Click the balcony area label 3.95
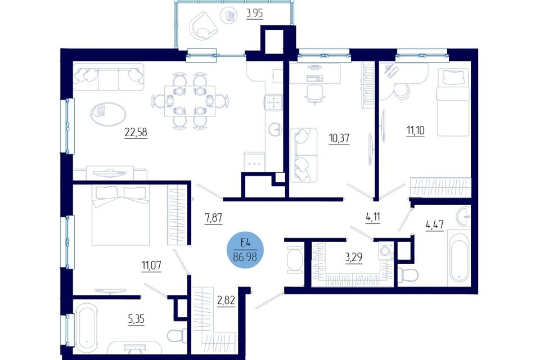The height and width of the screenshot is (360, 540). pyautogui.click(x=254, y=13)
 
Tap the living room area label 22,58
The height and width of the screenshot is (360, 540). pyautogui.click(x=136, y=132)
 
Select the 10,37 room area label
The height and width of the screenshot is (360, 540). pyautogui.click(x=339, y=138)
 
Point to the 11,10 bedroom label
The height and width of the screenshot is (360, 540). pyautogui.click(x=416, y=131)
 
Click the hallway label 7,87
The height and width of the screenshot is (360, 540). pyautogui.click(x=214, y=218)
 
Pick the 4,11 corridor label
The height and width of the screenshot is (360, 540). pyautogui.click(x=373, y=218)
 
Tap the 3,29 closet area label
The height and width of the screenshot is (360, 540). pyautogui.click(x=354, y=258)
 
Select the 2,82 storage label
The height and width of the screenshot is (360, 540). pyautogui.click(x=226, y=300)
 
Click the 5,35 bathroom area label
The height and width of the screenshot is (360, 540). pyautogui.click(x=136, y=319)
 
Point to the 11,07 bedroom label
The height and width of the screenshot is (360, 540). pyautogui.click(x=151, y=265)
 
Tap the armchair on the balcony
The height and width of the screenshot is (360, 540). pyautogui.click(x=202, y=25)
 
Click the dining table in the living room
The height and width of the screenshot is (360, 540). pyautogui.click(x=190, y=101)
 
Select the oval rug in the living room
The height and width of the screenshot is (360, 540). pyautogui.click(x=108, y=114)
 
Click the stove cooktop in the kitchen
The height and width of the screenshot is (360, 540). pyautogui.click(x=273, y=102)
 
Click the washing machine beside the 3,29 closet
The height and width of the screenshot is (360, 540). pyautogui.click(x=386, y=250)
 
